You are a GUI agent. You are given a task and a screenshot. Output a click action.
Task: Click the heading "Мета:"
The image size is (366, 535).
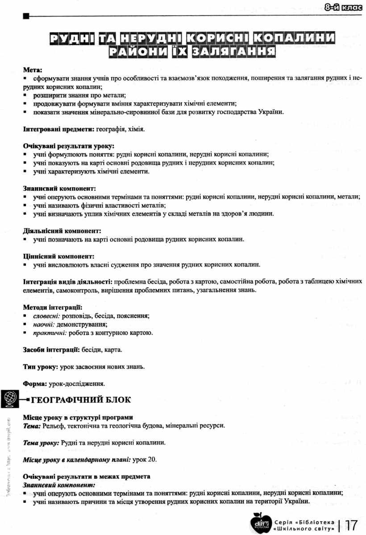click(33, 70)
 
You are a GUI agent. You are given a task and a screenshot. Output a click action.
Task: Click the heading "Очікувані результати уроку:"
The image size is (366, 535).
click(68, 146)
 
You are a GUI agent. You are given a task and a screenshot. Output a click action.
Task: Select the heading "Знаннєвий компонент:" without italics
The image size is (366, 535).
click(59, 189)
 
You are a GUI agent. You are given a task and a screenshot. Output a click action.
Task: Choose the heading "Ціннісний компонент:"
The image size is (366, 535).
click(58, 256)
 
